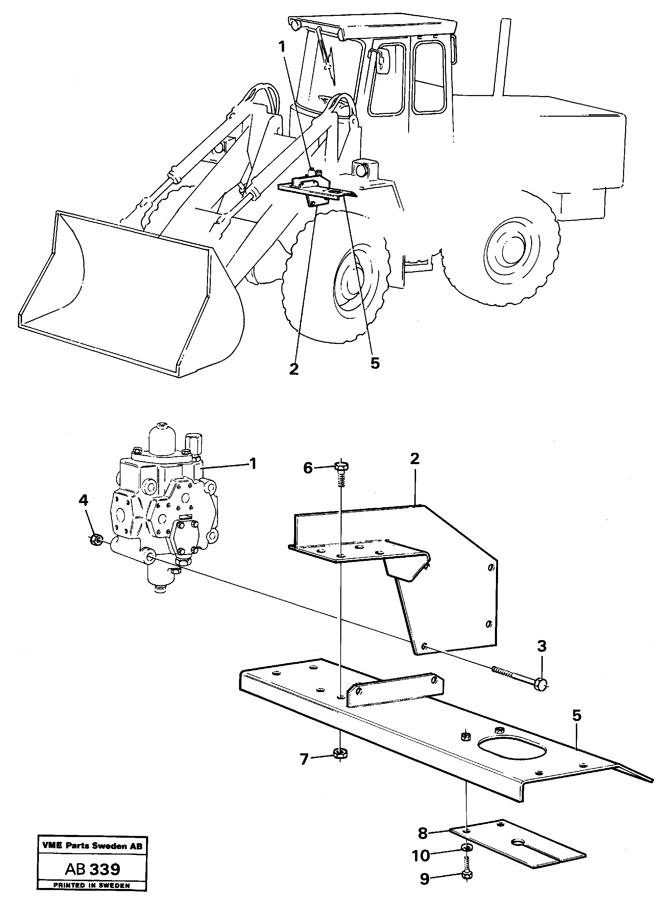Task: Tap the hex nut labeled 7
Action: pos(340,754)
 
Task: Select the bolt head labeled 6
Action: pos(341,466)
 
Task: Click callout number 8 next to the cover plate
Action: pos(423,833)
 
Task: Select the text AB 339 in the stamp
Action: pos(92,869)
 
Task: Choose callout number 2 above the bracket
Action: pos(415,458)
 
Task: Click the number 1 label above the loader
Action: pos(282,48)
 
